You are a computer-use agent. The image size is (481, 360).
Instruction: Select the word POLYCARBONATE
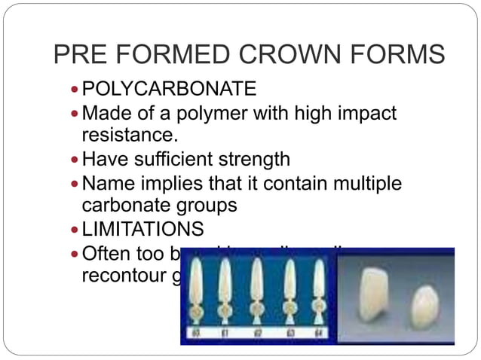click(x=169, y=90)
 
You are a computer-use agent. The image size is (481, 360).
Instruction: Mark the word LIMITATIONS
click(x=143, y=227)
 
